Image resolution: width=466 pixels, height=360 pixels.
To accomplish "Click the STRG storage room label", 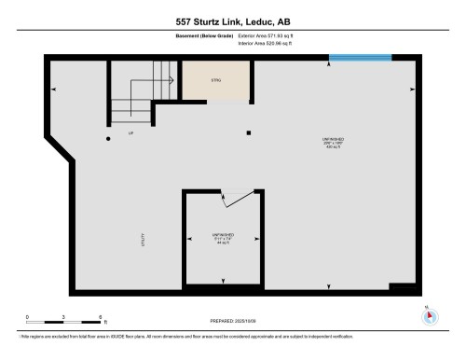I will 216,81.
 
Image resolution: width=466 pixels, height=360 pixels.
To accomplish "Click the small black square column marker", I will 248,132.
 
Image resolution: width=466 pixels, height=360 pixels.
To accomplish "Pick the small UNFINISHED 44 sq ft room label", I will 221,238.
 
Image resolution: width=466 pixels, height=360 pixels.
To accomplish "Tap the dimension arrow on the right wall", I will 412,89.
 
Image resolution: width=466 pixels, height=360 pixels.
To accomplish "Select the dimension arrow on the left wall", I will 53,89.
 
